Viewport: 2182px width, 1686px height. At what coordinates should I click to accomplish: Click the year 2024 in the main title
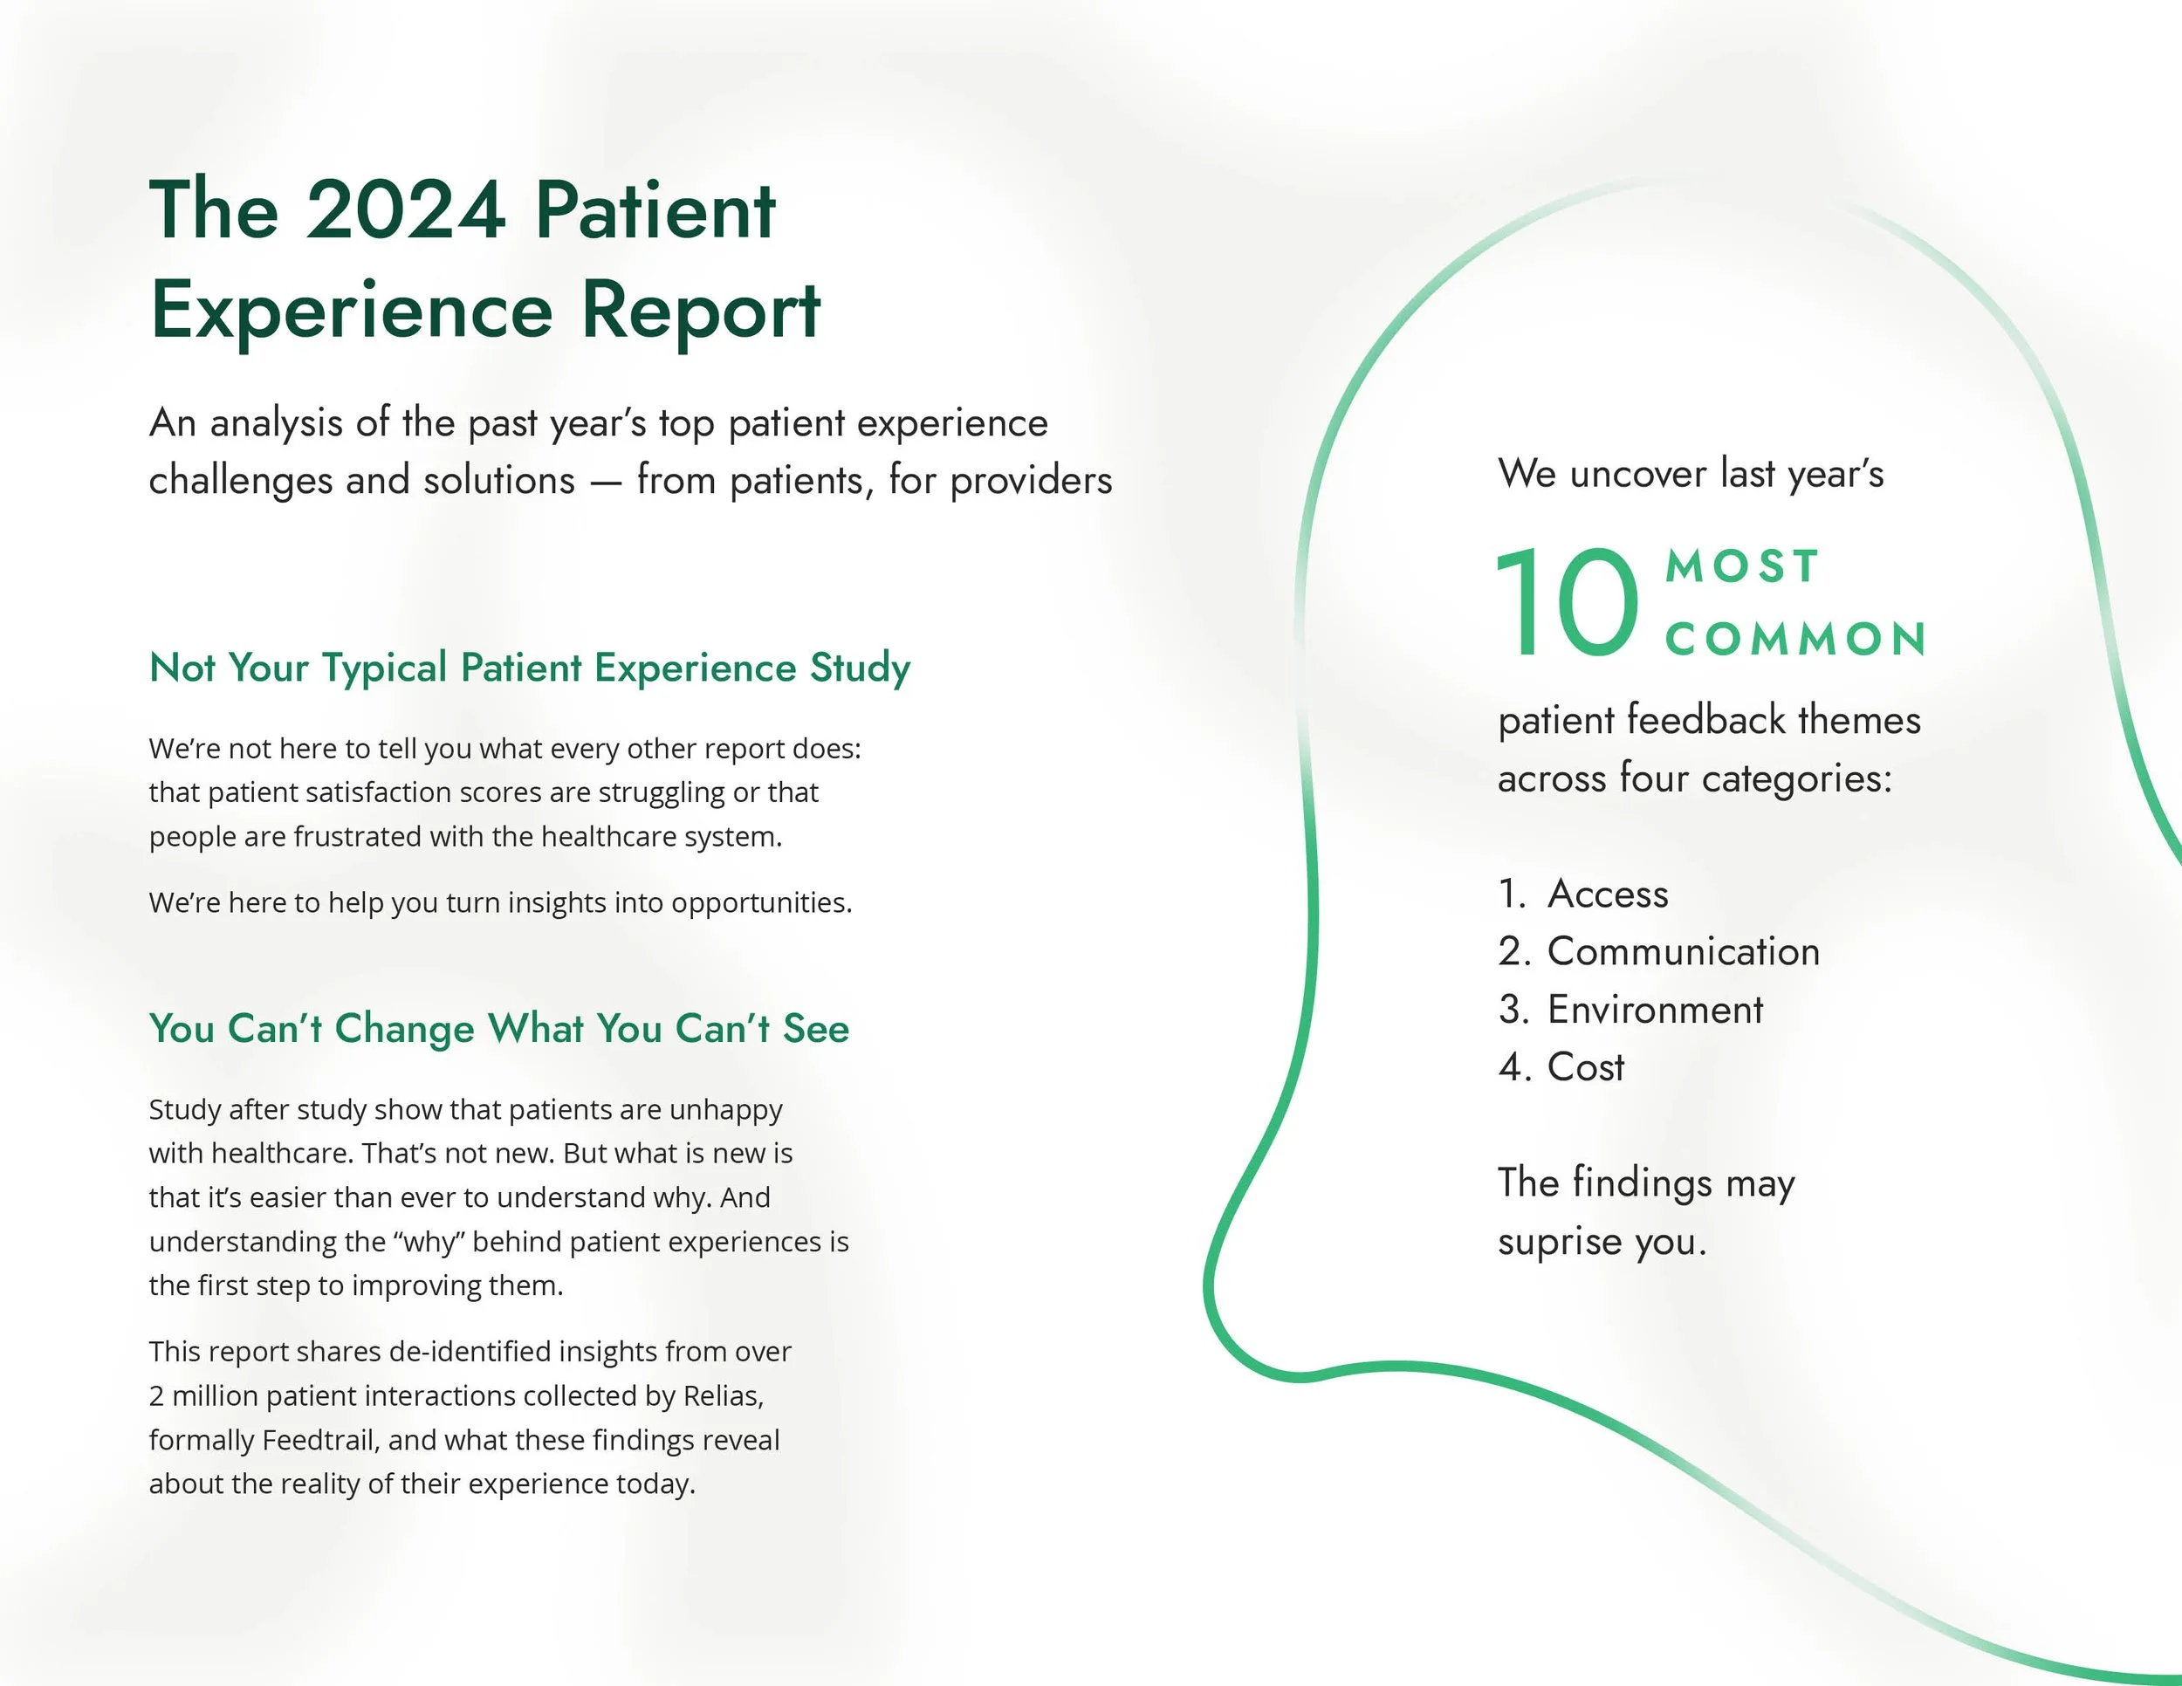pos(405,211)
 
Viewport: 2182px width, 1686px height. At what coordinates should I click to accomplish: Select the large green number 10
pos(1567,604)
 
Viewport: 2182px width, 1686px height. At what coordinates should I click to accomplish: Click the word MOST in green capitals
pos(1742,567)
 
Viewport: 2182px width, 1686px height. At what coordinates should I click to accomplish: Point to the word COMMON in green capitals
pos(1795,641)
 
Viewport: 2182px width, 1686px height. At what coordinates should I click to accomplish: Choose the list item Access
pos(1608,894)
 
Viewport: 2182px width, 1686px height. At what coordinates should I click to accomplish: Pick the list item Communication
pos(1684,952)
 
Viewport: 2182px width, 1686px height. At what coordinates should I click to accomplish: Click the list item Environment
pos(1656,1010)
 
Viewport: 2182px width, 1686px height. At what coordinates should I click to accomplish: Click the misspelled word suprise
pos(1559,1243)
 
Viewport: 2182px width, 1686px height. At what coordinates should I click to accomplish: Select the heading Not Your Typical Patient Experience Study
pos(530,668)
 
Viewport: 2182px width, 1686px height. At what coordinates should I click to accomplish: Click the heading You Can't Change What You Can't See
pos(498,1029)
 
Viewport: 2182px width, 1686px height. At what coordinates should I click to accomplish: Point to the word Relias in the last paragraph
pos(723,1395)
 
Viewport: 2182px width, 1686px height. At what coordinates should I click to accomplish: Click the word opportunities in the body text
pos(760,903)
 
